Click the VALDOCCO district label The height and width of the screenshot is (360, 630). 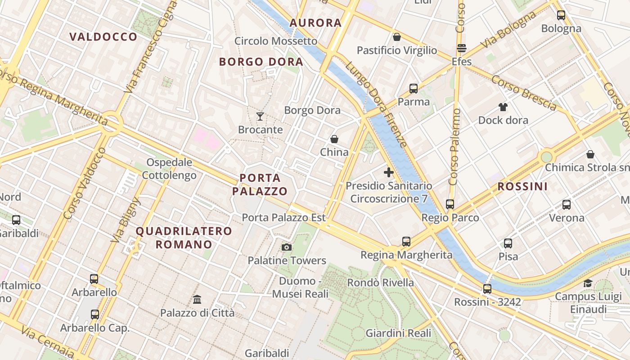click(x=103, y=37)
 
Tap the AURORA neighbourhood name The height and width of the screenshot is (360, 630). click(x=316, y=23)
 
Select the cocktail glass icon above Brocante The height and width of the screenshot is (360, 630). click(x=260, y=117)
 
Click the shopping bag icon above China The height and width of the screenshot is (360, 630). click(x=334, y=139)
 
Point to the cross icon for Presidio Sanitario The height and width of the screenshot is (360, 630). click(x=389, y=172)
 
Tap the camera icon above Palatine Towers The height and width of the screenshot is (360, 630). click(x=286, y=247)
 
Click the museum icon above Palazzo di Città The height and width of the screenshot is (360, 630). click(x=197, y=299)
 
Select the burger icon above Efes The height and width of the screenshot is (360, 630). click(x=462, y=48)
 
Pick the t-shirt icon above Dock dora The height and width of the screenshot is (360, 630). click(x=503, y=107)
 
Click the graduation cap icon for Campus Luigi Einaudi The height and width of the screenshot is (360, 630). click(x=588, y=283)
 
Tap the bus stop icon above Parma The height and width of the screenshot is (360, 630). click(x=414, y=89)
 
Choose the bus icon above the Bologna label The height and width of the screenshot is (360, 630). click(x=561, y=15)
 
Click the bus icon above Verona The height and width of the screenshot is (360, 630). click(x=567, y=205)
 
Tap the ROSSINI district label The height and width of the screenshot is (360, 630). click(x=522, y=186)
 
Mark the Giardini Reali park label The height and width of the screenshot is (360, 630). click(x=398, y=333)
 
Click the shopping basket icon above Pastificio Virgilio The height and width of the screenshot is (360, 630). click(x=397, y=37)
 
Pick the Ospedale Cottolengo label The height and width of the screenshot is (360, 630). click(x=170, y=169)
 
